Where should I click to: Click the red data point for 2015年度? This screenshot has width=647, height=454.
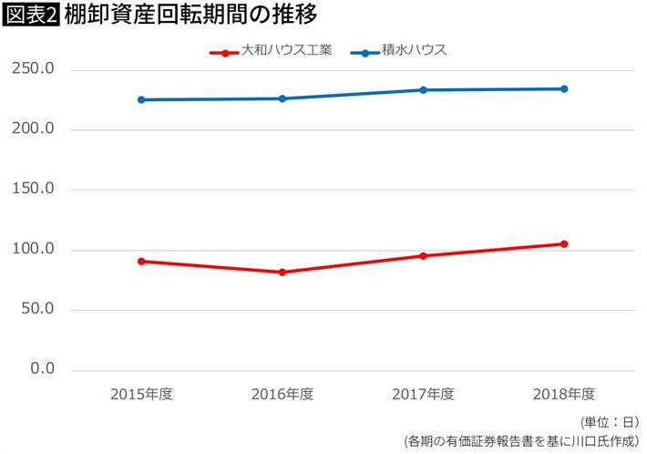pyautogui.click(x=141, y=261)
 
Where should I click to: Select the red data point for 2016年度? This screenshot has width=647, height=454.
pyautogui.click(x=282, y=272)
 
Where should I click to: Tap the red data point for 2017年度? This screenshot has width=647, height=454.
pyautogui.click(x=423, y=255)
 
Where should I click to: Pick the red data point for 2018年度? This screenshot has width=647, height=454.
pyautogui.click(x=564, y=243)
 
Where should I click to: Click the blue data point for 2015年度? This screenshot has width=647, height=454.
pyautogui.click(x=141, y=99)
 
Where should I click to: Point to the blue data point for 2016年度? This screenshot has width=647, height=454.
pyautogui.click(x=282, y=98)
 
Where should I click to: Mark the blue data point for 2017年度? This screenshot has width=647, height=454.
pyautogui.click(x=423, y=89)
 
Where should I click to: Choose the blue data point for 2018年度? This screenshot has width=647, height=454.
pyautogui.click(x=564, y=88)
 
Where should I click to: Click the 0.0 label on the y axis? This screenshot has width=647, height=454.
pyautogui.click(x=42, y=369)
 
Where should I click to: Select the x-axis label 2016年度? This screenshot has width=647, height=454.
pyautogui.click(x=282, y=394)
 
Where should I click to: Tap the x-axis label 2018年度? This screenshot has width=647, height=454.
pyautogui.click(x=564, y=394)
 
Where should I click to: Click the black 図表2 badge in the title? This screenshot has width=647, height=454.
pyautogui.click(x=31, y=16)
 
